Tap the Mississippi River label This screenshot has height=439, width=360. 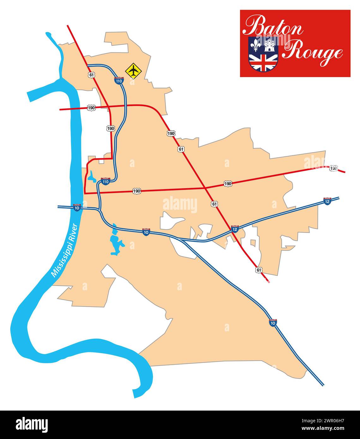64,250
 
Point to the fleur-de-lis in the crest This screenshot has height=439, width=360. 255,45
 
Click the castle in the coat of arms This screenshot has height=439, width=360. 270,45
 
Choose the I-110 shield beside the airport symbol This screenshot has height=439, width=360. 119,80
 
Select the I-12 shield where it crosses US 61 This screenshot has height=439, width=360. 235,229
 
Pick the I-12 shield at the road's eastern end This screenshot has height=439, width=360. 327,201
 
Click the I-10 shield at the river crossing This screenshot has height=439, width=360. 77,207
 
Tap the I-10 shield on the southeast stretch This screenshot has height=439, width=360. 273,322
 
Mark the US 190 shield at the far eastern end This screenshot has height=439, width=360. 333,168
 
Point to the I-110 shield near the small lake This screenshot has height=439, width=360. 105,181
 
